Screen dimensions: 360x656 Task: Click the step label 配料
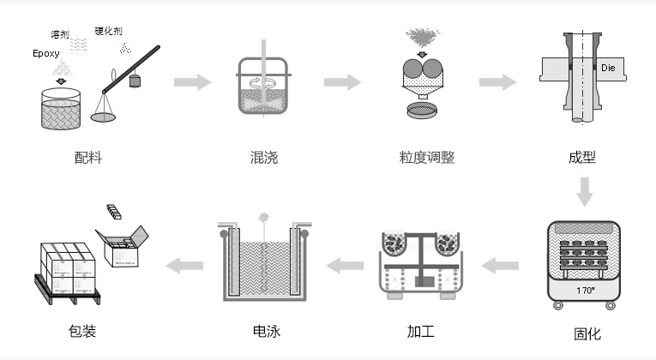click(x=88, y=158)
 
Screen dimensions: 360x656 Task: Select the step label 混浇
click(x=263, y=158)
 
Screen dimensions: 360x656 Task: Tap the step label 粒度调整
click(x=426, y=158)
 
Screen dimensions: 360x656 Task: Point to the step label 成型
click(x=581, y=158)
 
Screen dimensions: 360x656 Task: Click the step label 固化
click(x=587, y=334)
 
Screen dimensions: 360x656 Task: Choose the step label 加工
click(x=420, y=332)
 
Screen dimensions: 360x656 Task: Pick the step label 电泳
click(x=267, y=332)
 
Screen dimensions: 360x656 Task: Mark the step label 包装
click(x=82, y=332)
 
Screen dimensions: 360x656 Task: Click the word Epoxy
click(x=46, y=53)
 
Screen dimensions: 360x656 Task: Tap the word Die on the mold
click(x=609, y=67)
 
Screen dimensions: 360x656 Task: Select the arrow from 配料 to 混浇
click(x=192, y=82)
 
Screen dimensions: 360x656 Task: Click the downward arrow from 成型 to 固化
click(x=585, y=192)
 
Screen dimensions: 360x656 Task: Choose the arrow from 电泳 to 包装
click(x=185, y=265)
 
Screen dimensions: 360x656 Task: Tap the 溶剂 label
click(x=60, y=34)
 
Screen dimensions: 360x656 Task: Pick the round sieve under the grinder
click(x=421, y=111)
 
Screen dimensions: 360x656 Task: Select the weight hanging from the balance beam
click(x=134, y=81)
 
